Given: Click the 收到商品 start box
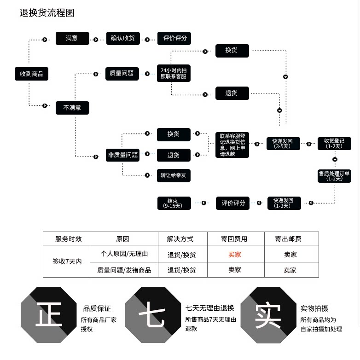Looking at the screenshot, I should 31,74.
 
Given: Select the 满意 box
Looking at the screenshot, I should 72,39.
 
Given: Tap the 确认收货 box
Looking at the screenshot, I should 123,39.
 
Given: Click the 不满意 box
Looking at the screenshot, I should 72,108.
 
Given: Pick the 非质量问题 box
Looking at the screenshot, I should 123,155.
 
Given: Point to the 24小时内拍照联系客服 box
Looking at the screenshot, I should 174,73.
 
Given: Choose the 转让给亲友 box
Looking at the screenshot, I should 174,175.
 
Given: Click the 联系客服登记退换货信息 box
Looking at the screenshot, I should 232,145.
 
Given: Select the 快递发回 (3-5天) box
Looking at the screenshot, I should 283,144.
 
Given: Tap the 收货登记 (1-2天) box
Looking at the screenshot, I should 334,144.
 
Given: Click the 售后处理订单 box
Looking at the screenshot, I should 334,176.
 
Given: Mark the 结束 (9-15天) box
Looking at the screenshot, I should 174,203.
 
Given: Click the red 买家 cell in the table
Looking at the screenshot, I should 235,254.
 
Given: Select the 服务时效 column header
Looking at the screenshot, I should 68,239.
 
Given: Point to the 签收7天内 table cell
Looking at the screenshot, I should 67,261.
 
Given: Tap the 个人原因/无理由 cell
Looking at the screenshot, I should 124,254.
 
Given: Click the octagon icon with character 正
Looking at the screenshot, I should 49,315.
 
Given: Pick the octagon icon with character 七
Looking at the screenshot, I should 153,315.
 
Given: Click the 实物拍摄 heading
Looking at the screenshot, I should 314,308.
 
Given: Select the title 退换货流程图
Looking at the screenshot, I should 47,13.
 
